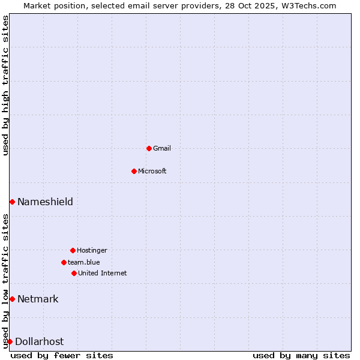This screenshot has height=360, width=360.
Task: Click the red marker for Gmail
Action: coord(149,148)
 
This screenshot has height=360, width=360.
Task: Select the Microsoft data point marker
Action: coord(134,171)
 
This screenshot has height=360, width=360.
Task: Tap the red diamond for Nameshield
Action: coord(12,202)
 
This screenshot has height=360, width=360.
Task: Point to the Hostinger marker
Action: coord(73,250)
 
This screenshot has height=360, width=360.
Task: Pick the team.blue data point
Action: coord(64,262)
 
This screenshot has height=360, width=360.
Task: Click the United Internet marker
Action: coord(74,273)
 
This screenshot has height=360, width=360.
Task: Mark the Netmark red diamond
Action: coord(12,299)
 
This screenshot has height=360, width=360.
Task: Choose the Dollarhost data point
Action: coord(10,341)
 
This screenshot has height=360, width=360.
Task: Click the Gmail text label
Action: coord(162,148)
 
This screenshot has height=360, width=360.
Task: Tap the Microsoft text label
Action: coord(152,171)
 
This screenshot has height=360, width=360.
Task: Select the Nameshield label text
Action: coord(45,202)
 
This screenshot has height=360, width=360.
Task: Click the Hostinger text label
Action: coord(92,250)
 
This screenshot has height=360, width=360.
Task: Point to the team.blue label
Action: coord(84,262)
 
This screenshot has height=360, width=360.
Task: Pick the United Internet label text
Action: coord(103,273)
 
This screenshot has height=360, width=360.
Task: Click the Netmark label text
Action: coord(38,299)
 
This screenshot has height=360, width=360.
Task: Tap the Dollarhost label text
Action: coord(39,341)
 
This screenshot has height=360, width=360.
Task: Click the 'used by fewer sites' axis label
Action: coord(62,355)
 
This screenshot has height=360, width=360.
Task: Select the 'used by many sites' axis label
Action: coord(301,355)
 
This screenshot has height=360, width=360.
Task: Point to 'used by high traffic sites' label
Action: coord(5,85)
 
